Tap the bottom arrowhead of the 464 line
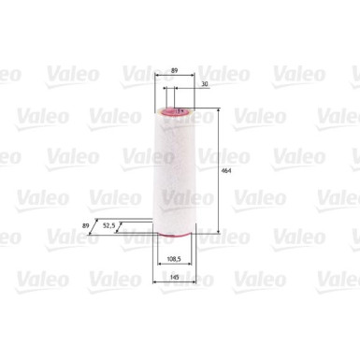(x=218, y=231)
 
